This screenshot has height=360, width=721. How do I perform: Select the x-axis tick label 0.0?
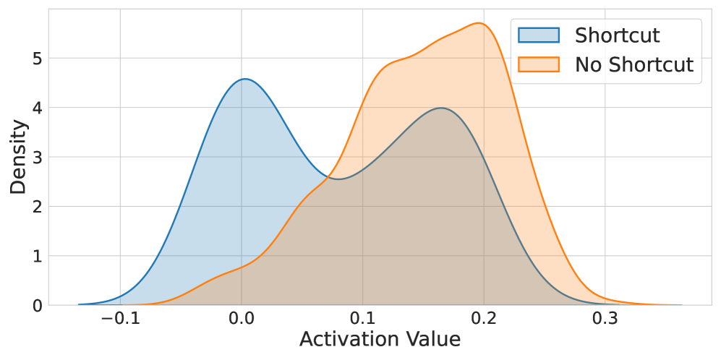tap(242, 319)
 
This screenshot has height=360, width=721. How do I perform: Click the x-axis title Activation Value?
tap(380, 340)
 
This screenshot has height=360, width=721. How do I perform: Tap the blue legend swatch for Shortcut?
tap(539, 35)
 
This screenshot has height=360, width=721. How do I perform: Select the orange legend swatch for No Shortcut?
tap(539, 64)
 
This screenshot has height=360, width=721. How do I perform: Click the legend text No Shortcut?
tap(633, 64)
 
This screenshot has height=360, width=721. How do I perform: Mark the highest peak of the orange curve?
tap(479, 23)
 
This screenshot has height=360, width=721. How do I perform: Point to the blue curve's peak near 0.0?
tap(245, 79)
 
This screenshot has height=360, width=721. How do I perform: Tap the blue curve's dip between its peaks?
tap(338, 179)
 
